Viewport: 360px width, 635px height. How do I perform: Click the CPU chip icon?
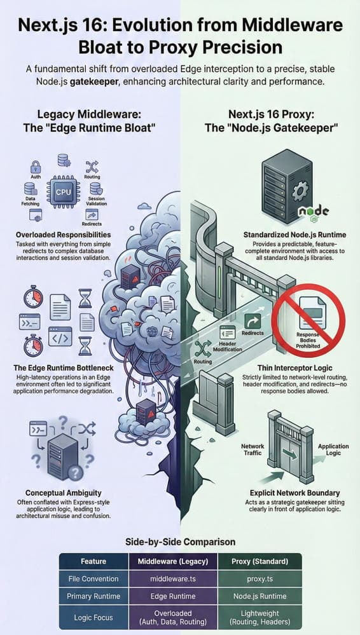pos(63,191)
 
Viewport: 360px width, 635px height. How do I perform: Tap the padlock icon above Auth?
pos(36,167)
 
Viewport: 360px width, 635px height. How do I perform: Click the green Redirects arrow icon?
pos(253,322)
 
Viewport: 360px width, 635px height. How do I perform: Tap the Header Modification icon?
pos(227,333)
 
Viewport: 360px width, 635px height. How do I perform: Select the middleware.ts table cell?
pos(173,578)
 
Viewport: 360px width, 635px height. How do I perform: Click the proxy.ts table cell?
pos(260,578)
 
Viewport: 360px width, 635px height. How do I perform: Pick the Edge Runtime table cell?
pos(173,596)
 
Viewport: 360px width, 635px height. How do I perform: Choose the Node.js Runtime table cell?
pos(260,596)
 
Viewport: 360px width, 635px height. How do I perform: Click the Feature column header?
pos(93,561)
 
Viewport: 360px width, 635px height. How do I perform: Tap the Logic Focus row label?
pos(93,618)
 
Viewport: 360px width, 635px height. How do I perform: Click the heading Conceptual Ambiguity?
pos(64,493)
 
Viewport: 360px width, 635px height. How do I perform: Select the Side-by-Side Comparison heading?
pos(180,542)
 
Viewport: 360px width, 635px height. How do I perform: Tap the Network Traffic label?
pos(253,449)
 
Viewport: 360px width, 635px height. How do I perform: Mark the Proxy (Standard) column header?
pos(260,561)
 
